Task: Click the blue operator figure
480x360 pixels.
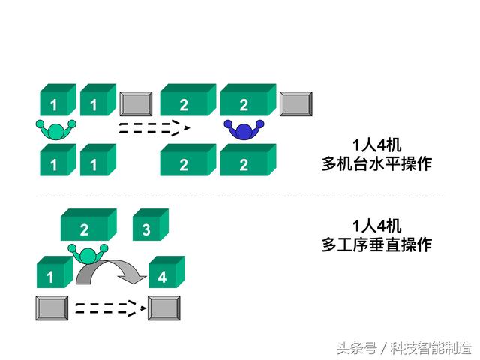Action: (x=244, y=131)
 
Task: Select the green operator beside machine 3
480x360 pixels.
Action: (x=88, y=254)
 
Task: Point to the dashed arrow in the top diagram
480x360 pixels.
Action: (x=154, y=128)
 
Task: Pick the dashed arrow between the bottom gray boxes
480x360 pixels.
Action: (x=111, y=308)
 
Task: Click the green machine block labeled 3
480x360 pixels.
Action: (x=150, y=224)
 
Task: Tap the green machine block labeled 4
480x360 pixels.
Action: (x=166, y=271)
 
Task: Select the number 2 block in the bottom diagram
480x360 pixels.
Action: (x=88, y=224)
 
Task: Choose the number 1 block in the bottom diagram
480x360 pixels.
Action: (x=55, y=271)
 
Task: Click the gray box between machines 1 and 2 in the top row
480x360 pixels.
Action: (x=136, y=103)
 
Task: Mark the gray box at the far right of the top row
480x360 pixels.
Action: (x=296, y=103)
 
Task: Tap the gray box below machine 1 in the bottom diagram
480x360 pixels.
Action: (x=52, y=308)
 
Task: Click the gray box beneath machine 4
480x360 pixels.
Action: (x=163, y=308)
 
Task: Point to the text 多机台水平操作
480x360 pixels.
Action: (x=376, y=164)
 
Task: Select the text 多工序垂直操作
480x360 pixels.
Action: (x=376, y=245)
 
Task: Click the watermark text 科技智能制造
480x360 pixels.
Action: (x=430, y=348)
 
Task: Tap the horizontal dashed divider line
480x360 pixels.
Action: (x=241, y=196)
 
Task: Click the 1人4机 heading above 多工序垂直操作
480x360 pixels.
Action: (x=376, y=226)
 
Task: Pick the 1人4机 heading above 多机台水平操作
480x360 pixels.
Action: (x=376, y=145)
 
